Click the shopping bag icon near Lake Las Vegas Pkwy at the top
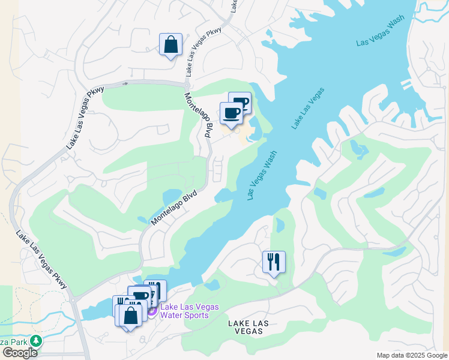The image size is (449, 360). click(x=170, y=45)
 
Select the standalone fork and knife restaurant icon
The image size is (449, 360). click(x=274, y=262)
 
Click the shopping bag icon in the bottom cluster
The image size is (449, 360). click(x=130, y=315)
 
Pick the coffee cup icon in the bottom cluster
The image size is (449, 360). click(x=139, y=297)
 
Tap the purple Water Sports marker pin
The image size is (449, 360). click(x=152, y=311)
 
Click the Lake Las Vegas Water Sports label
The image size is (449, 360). click(x=185, y=311)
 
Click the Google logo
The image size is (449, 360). click(x=19, y=352)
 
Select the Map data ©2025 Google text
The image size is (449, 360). click(x=412, y=355)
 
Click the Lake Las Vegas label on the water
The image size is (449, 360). click(x=309, y=107)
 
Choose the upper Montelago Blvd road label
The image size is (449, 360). click(x=199, y=116)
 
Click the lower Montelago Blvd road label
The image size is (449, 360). click(x=173, y=205)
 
